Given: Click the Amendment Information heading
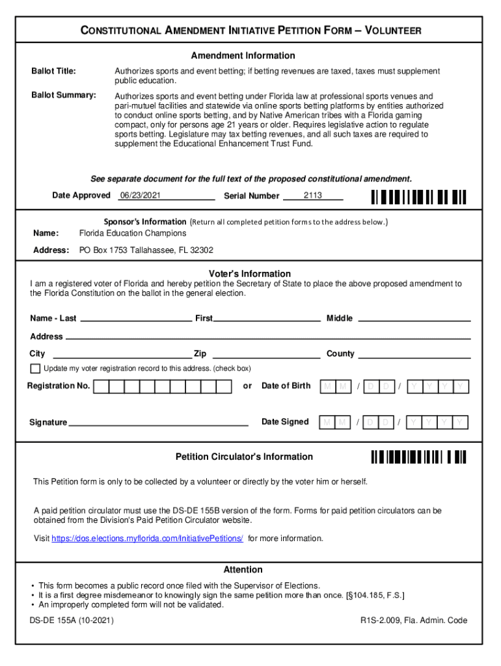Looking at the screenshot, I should tap(243, 56).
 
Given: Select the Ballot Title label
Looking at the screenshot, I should tap(54, 71).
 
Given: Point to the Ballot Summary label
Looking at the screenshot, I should tap(64, 96).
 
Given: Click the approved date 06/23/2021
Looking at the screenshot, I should tap(141, 195).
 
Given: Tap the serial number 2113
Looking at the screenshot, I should tap(313, 195).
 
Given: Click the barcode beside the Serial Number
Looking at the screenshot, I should tap(419, 196).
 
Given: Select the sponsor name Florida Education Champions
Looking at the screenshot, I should tap(133, 233).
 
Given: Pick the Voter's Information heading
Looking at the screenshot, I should tap(250, 274).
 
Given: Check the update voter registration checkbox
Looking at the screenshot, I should tap(35, 369).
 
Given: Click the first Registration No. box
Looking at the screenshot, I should tap(101, 387).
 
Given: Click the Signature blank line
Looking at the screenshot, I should tap(158, 424).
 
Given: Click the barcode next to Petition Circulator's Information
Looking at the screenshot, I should tap(419, 457).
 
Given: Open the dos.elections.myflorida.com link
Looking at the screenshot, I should tap(147, 539).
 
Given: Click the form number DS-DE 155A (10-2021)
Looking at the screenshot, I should tap(72, 620).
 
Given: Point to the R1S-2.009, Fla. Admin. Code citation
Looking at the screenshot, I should tap(414, 620).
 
